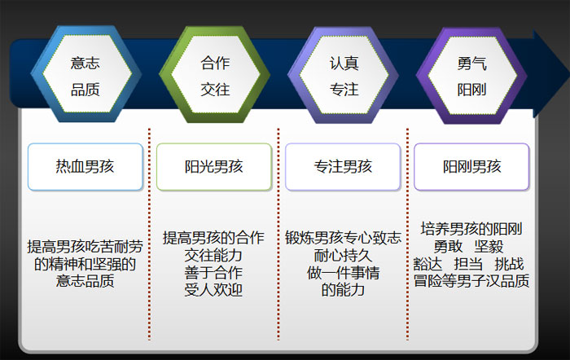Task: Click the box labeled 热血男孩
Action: pos(85,167)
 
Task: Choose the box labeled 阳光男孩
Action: pos(213,167)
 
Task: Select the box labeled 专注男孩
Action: pos(343,167)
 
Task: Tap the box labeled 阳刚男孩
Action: pos(471,167)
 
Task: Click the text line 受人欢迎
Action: pos(213,290)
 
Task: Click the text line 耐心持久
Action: pos(343,256)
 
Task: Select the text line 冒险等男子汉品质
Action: pos(471,281)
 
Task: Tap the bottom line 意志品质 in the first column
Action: pos(85,281)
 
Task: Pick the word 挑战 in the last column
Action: pos(509,264)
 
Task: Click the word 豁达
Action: pos(427,264)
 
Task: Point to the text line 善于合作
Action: pos(213,273)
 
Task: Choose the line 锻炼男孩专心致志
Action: pos(343,238)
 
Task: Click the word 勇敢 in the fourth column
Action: pos(448,247)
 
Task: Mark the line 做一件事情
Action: pos(343,273)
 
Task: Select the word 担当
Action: pos(468,264)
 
